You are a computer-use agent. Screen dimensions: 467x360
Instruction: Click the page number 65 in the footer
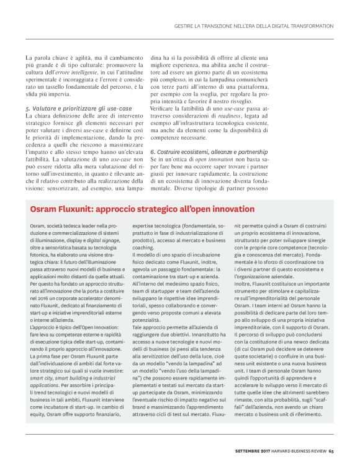click(x=331, y=451)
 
